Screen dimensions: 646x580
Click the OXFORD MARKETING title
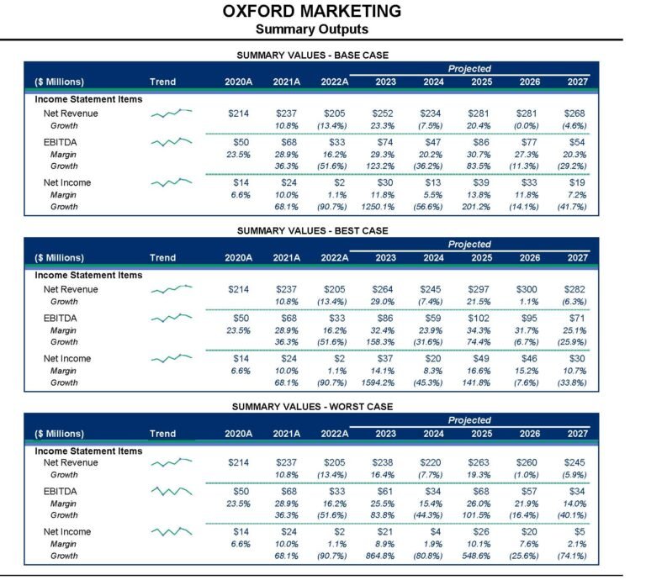point(312,11)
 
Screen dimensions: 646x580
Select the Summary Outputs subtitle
point(312,29)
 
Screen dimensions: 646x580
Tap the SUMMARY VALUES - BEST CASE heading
point(312,230)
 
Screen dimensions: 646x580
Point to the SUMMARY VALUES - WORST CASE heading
point(312,407)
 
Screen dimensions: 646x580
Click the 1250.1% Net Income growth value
point(378,207)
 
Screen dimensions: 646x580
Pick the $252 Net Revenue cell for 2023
point(383,113)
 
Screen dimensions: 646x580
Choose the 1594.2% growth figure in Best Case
point(378,382)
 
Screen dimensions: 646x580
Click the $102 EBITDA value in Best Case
point(479,319)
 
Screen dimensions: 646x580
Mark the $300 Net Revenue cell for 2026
point(527,289)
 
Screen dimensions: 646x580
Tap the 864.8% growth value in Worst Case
point(380,556)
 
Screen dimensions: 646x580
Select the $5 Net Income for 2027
point(580,532)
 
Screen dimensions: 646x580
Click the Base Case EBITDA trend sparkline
point(172,142)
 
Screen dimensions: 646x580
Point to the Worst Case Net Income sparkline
point(172,531)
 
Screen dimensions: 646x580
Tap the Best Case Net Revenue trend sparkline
point(172,289)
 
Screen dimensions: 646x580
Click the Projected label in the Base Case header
point(469,69)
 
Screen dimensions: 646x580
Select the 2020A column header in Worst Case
point(239,434)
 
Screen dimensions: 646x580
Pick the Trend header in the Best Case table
point(162,258)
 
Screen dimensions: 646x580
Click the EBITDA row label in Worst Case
point(61,492)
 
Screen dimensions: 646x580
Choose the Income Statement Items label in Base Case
point(88,99)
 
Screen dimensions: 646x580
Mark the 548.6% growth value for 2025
point(476,556)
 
